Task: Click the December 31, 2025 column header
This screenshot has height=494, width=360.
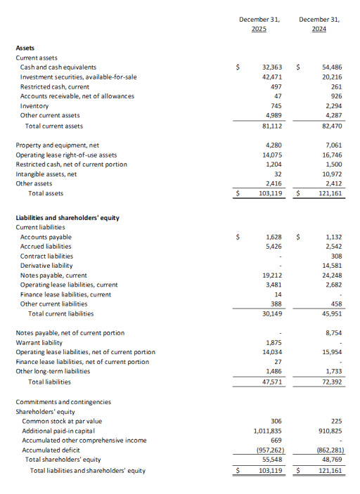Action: point(259,24)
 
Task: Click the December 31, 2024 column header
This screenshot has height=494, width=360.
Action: point(319,24)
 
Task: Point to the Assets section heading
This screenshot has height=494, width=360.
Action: point(25,47)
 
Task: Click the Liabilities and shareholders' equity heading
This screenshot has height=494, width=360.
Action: point(67,218)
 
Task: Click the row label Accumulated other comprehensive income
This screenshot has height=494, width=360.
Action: point(84,441)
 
